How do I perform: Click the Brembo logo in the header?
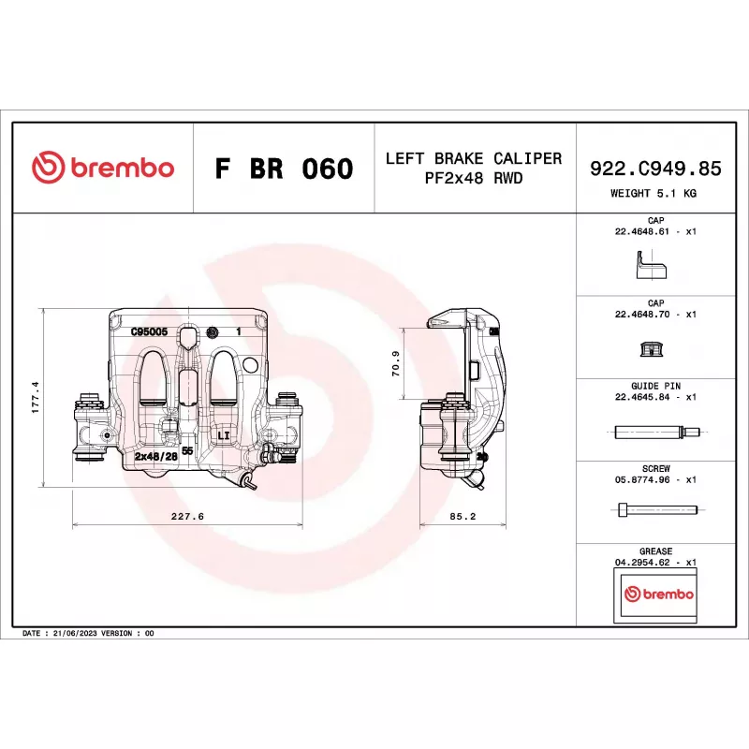coord(103,169)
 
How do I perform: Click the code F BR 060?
coord(284,169)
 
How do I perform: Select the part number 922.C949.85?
coord(655,169)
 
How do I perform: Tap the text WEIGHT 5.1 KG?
coord(654,194)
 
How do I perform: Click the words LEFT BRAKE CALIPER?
coord(474,158)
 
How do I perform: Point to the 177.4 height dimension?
coord(36,397)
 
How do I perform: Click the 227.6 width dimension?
coord(187,516)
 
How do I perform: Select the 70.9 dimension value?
coord(396,363)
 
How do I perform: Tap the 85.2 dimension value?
coord(463,516)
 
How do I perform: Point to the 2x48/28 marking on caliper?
coord(155,456)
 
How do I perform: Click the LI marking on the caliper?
coord(224,436)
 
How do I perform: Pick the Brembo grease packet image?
coord(658,595)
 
